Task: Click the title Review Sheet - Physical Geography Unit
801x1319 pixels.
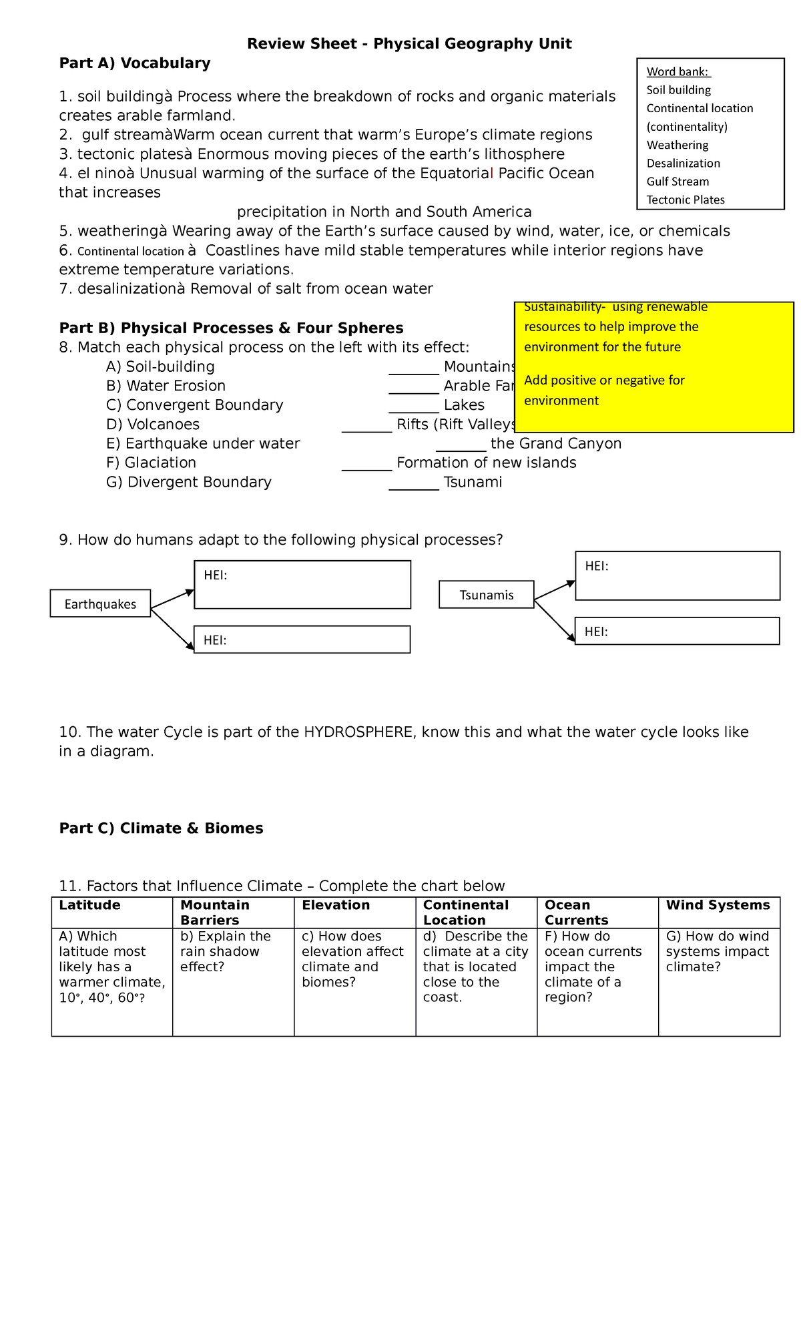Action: pos(409,44)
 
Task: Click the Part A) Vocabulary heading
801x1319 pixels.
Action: pos(134,63)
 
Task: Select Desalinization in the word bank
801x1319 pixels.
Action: pos(683,164)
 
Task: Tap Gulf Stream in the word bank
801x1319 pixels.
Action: pos(678,182)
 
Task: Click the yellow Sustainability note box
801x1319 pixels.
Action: pos(653,367)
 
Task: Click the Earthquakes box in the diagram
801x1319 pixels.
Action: pos(100,604)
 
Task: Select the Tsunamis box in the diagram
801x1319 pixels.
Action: pos(486,595)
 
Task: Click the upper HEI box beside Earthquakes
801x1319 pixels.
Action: pos(302,585)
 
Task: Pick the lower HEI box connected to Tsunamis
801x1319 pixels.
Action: pos(677,631)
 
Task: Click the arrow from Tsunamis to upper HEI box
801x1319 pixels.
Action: pos(555,591)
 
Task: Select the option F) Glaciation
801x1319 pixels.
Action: pos(151,463)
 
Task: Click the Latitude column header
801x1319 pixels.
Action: pos(90,906)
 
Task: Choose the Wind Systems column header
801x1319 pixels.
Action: pos(718,906)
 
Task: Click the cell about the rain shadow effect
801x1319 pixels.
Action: pos(233,981)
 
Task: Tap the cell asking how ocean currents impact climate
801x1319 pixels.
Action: pos(597,981)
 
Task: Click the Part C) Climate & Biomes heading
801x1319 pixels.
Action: pos(161,828)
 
